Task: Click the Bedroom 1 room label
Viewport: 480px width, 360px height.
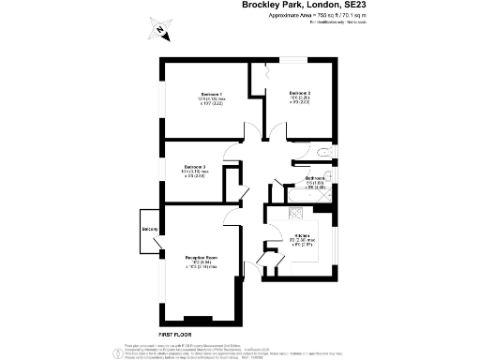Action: click(x=212, y=94)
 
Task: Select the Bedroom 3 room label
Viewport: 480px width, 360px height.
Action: click(x=198, y=167)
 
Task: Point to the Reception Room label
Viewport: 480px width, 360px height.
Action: click(x=200, y=257)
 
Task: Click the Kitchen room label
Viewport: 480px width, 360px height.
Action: click(x=302, y=235)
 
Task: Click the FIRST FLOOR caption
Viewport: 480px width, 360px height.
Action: click(x=176, y=335)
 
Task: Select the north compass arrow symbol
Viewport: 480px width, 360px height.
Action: click(x=160, y=34)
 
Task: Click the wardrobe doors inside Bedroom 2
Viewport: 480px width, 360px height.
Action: click(x=266, y=71)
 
